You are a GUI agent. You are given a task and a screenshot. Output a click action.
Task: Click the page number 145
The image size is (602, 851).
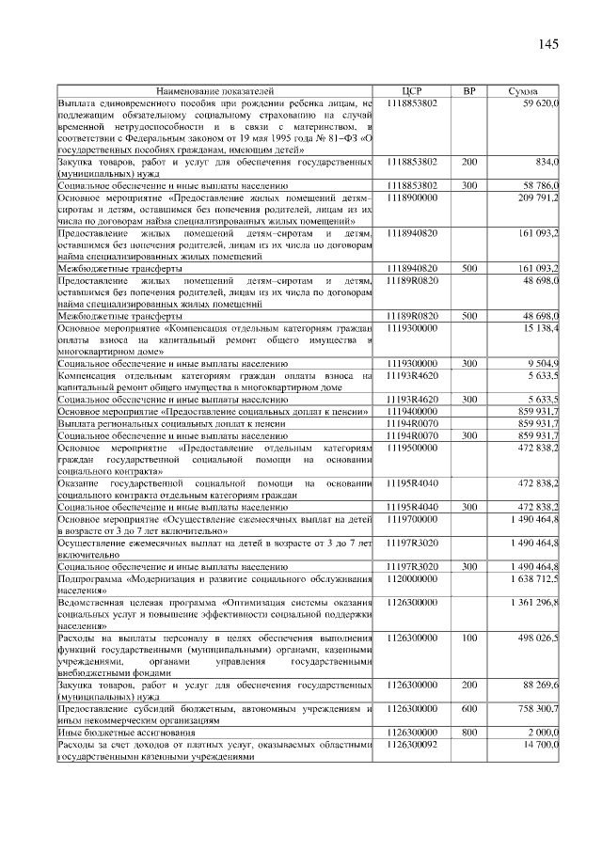point(549,44)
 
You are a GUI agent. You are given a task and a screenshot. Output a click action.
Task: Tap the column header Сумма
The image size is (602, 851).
point(523,91)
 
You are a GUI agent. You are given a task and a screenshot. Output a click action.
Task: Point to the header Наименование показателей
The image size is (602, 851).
point(215,91)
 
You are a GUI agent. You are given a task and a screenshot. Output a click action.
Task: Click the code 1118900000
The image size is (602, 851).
point(412,198)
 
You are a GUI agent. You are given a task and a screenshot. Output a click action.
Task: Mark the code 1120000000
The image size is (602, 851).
point(412,580)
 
